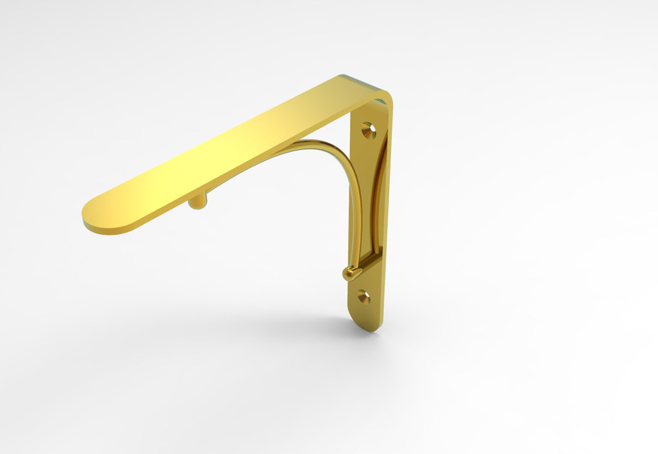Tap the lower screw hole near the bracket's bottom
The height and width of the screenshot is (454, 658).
point(363,296)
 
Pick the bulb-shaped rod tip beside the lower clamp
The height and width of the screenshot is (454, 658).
point(350,272)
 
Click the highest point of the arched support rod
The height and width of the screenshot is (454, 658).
point(312,144)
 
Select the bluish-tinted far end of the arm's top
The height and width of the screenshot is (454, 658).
point(351,79)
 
